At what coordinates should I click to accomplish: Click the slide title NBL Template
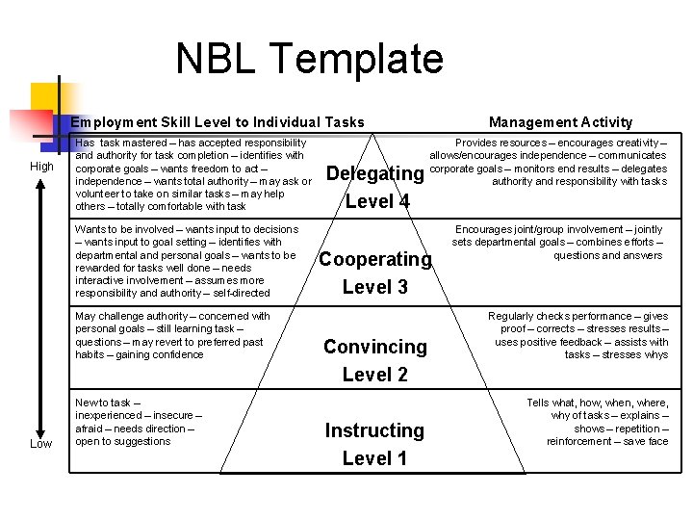pyautogui.click(x=309, y=60)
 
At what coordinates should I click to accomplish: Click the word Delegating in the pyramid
pyautogui.click(x=374, y=173)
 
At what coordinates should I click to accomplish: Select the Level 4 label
pyautogui.click(x=376, y=201)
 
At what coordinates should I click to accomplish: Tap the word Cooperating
pyautogui.click(x=375, y=259)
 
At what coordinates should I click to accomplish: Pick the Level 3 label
pyautogui.click(x=375, y=287)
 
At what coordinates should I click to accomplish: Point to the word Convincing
pyautogui.click(x=375, y=347)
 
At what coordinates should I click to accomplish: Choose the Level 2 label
pyautogui.click(x=375, y=375)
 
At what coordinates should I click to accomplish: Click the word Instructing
pyautogui.click(x=374, y=430)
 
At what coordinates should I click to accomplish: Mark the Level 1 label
pyautogui.click(x=375, y=458)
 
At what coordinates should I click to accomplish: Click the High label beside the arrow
pyautogui.click(x=42, y=167)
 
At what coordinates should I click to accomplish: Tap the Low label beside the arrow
pyautogui.click(x=40, y=444)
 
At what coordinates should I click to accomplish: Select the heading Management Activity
pyautogui.click(x=560, y=122)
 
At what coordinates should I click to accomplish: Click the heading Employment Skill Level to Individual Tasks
pyautogui.click(x=218, y=122)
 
